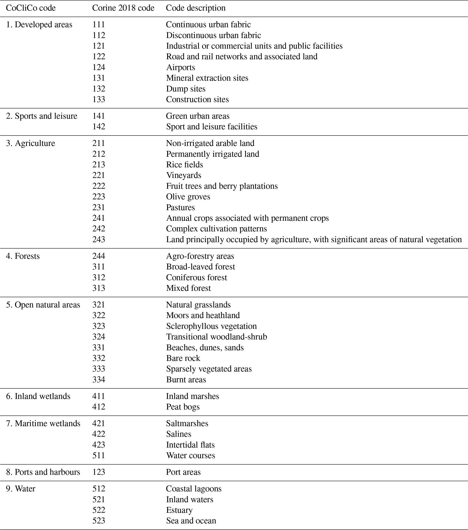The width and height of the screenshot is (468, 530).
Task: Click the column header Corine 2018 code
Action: pos(123,8)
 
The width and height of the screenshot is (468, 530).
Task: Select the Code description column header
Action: pos(196,8)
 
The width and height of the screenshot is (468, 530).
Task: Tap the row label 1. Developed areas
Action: pos(39,25)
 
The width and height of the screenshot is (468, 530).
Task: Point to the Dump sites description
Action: pos(186,89)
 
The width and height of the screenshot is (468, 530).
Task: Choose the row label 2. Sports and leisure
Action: pos(41,116)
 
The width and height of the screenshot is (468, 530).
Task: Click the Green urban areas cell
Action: pos(198,116)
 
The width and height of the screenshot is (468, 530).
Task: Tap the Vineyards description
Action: pos(184,175)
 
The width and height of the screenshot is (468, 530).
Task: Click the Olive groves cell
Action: pos(188,197)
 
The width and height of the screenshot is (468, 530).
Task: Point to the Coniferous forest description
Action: pos(196,278)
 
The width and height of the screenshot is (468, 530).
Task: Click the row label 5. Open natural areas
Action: pos(43,305)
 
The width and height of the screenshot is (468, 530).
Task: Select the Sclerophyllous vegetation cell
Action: pos(211,326)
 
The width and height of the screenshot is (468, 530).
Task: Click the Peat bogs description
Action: pos(183,407)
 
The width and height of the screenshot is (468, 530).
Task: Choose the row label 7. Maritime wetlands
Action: pos(43,423)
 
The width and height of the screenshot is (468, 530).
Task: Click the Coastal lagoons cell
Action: pos(194,489)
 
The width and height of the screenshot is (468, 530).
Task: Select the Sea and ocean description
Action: pos(191,521)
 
